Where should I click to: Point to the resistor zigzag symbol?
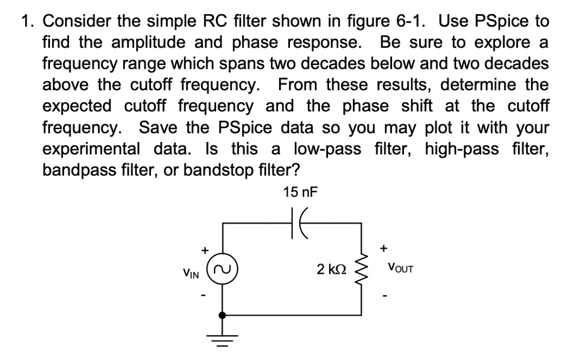click(x=362, y=268)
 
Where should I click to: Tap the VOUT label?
click(x=401, y=267)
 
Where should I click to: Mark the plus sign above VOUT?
click(x=385, y=248)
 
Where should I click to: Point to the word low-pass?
click(x=329, y=149)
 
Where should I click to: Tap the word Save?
click(x=159, y=128)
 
